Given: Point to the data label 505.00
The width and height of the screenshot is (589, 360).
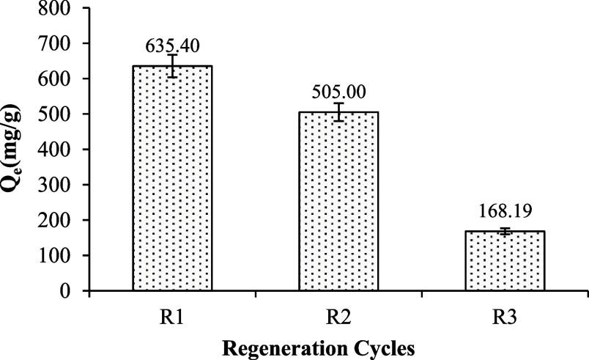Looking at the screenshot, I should click(x=338, y=92).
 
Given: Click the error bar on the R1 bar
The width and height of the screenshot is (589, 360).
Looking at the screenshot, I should click(x=172, y=66).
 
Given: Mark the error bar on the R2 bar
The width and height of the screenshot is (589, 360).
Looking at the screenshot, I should click(x=338, y=112).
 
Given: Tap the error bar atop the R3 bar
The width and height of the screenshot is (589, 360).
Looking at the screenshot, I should click(x=505, y=232).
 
